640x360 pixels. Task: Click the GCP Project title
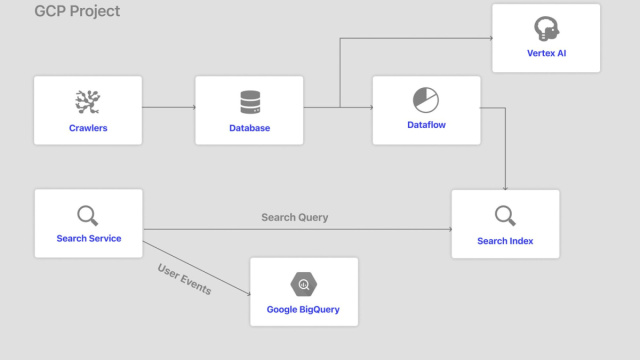click(x=77, y=12)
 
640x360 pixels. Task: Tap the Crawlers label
click(x=88, y=128)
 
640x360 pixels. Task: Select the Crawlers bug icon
click(x=88, y=101)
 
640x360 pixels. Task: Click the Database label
click(x=249, y=128)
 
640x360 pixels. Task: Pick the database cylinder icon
click(x=249, y=102)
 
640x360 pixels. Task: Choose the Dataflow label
click(x=426, y=125)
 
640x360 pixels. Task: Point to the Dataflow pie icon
click(x=426, y=99)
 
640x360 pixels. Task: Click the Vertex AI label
click(x=546, y=53)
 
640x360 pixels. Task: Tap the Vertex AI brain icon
click(x=546, y=27)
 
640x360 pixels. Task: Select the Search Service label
click(x=89, y=239)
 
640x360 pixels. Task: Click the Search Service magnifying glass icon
click(x=88, y=214)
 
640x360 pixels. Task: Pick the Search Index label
click(x=505, y=241)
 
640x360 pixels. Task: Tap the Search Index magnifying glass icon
click(x=505, y=215)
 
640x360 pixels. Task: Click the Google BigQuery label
click(x=303, y=309)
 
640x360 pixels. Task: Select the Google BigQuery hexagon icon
click(x=303, y=283)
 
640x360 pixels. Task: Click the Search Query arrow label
click(x=294, y=217)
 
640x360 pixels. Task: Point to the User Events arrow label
click(x=184, y=279)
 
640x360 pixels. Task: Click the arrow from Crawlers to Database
click(x=168, y=107)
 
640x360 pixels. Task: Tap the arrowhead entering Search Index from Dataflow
click(x=505, y=187)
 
